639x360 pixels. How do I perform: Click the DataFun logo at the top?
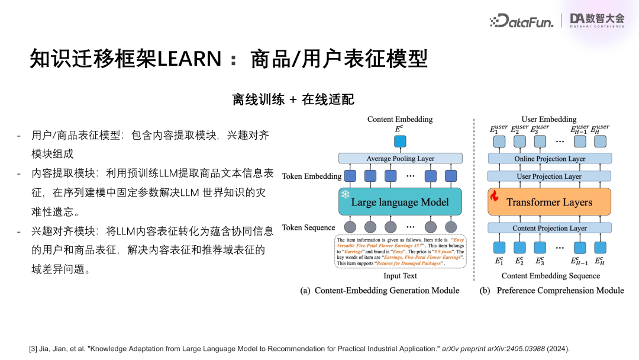(522, 21)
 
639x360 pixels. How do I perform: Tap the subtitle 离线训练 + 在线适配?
(293, 99)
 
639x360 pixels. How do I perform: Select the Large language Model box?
(400, 202)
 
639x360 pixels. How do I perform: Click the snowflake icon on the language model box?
(344, 195)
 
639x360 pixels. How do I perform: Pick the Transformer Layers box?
(548, 202)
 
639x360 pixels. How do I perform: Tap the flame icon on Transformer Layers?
(495, 195)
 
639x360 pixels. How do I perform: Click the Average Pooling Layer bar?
(400, 159)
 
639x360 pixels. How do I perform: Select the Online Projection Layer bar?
(549, 159)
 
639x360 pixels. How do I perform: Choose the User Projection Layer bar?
(549, 176)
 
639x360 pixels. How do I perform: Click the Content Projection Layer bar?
(549, 228)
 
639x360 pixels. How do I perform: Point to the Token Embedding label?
(311, 176)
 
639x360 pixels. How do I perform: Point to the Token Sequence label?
(308, 228)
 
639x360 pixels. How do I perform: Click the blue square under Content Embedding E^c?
(400, 142)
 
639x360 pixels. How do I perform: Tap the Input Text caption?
(400, 276)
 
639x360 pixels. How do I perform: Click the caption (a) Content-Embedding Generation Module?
(380, 291)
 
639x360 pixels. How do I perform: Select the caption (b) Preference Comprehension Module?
(551, 291)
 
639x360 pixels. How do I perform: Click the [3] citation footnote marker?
(33, 349)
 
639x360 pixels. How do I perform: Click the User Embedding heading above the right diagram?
(548, 119)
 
